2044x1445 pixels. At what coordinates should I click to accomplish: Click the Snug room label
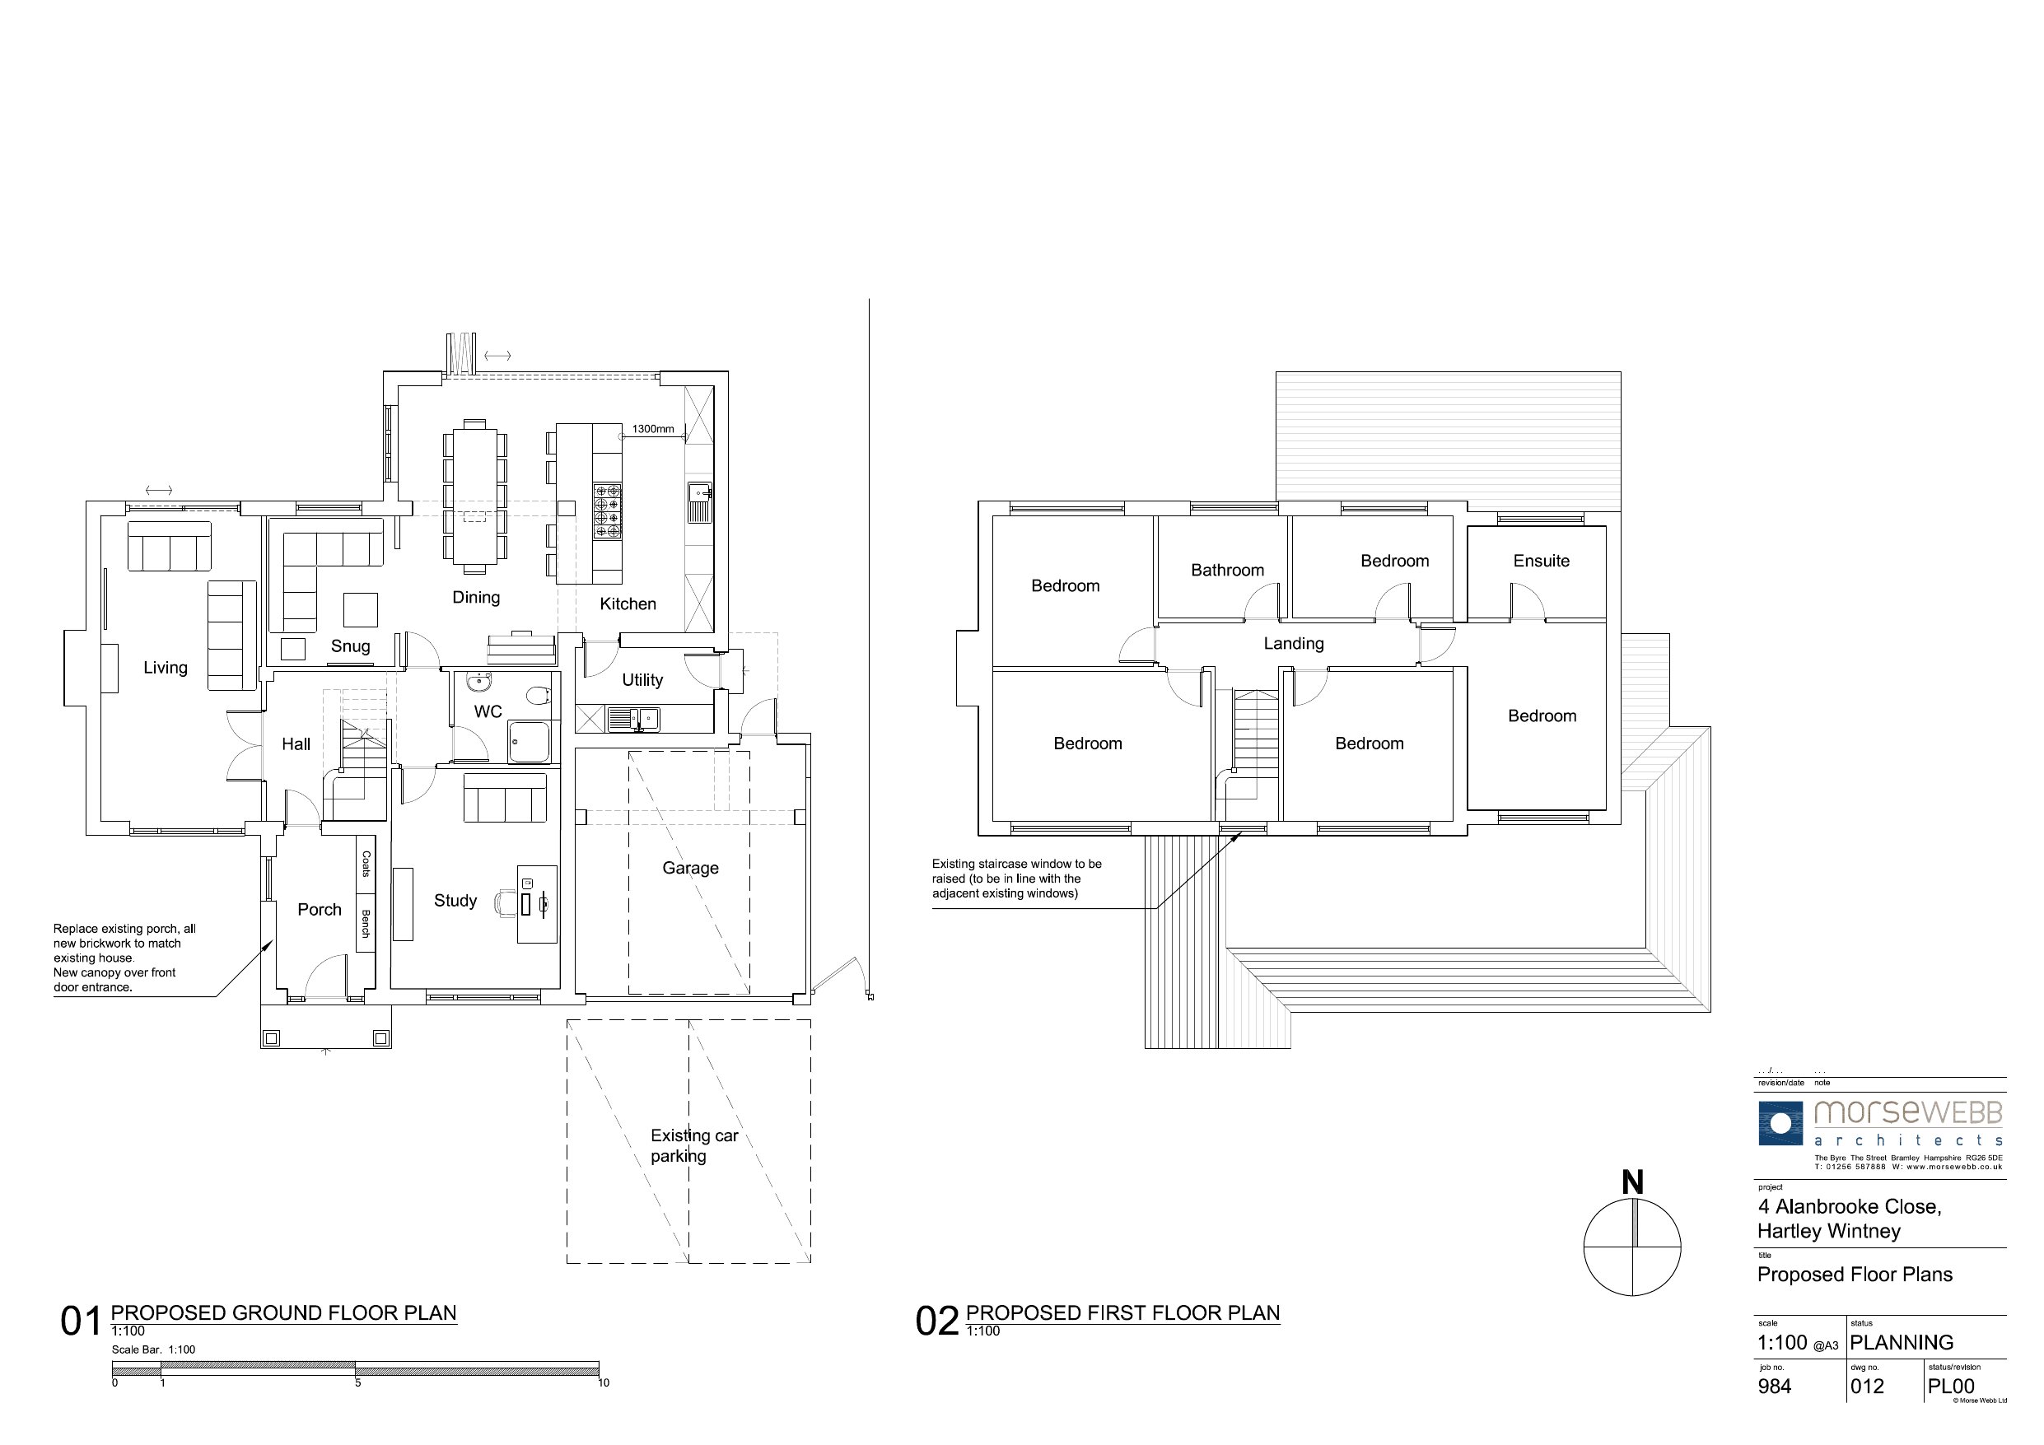point(350,646)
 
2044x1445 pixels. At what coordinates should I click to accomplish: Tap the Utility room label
point(642,680)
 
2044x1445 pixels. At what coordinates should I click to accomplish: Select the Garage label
point(690,868)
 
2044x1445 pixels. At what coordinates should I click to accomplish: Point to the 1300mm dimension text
point(652,429)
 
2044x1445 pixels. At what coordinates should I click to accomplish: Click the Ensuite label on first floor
point(1541,561)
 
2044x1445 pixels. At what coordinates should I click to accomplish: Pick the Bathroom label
point(1227,570)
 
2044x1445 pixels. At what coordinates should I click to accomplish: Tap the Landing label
point(1294,644)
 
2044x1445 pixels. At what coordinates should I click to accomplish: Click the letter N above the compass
point(1631,1182)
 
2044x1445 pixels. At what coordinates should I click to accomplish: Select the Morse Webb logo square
point(1780,1124)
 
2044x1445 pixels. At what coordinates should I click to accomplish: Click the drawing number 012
point(1867,1387)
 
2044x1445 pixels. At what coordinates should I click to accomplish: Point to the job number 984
point(1774,1387)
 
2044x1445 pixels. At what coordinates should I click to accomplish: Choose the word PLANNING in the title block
point(1902,1343)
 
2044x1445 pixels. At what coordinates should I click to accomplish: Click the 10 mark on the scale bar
point(603,1382)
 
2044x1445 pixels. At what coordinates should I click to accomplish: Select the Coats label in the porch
point(366,864)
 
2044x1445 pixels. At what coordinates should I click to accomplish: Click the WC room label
point(488,711)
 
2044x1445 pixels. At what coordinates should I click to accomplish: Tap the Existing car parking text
point(693,1146)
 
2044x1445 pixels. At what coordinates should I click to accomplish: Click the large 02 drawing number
point(936,1322)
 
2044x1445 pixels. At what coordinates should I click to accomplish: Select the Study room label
point(455,901)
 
